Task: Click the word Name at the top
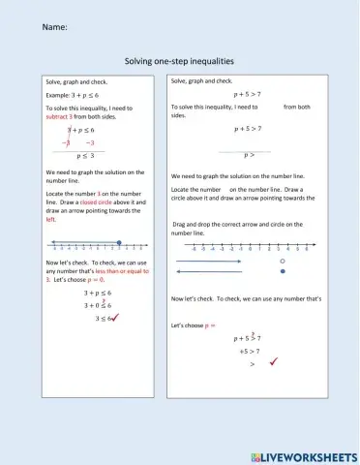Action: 54,27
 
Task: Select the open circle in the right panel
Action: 282,262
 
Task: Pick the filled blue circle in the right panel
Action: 282,272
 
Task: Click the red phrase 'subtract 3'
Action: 63,115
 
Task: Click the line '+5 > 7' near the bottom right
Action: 253,352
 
